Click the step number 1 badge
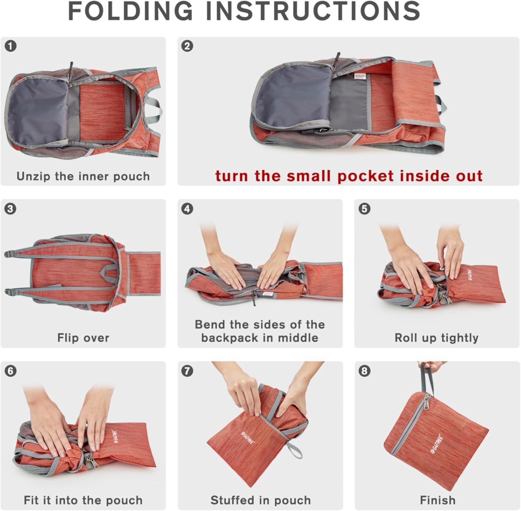click(x=11, y=46)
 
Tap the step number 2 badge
click(x=187, y=46)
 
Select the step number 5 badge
click(x=364, y=209)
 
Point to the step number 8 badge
click(x=364, y=371)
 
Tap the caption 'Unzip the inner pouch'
click(x=83, y=176)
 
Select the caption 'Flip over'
click(x=83, y=338)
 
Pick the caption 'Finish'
click(x=438, y=500)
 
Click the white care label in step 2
click(x=360, y=76)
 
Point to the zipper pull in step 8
click(x=425, y=403)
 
